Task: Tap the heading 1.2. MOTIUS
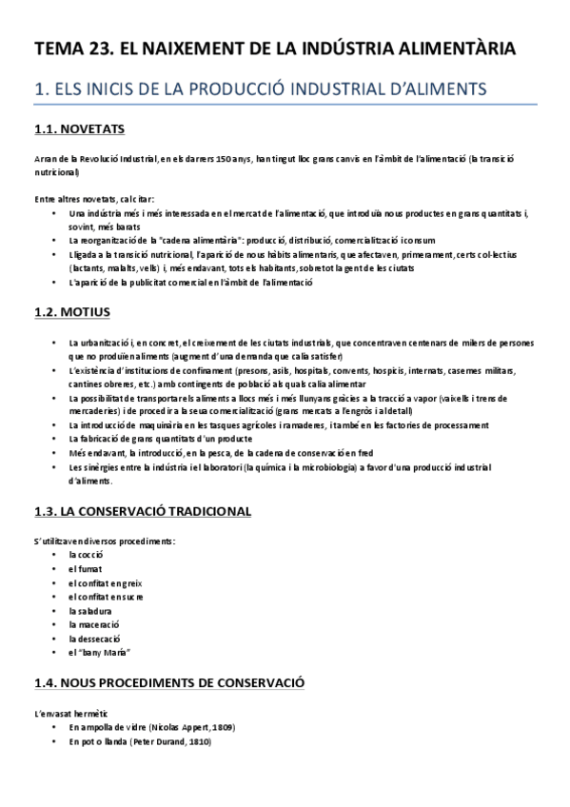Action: [71, 311]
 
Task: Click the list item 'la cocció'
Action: [86, 554]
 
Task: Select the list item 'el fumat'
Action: [84, 568]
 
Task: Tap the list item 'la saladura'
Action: [90, 610]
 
